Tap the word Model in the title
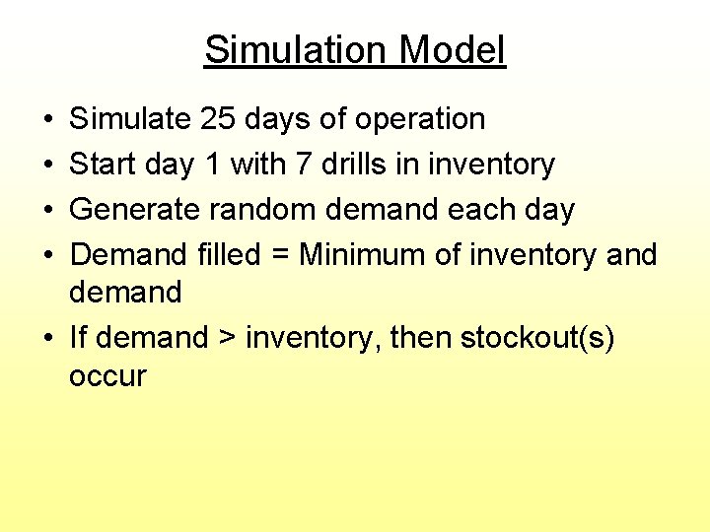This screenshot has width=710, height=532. pos(456,50)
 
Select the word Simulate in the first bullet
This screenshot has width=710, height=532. pos(130,119)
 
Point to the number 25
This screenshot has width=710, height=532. pos(217,119)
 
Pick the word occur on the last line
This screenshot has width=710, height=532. pos(106,377)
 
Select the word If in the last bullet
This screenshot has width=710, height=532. pos(78,339)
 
